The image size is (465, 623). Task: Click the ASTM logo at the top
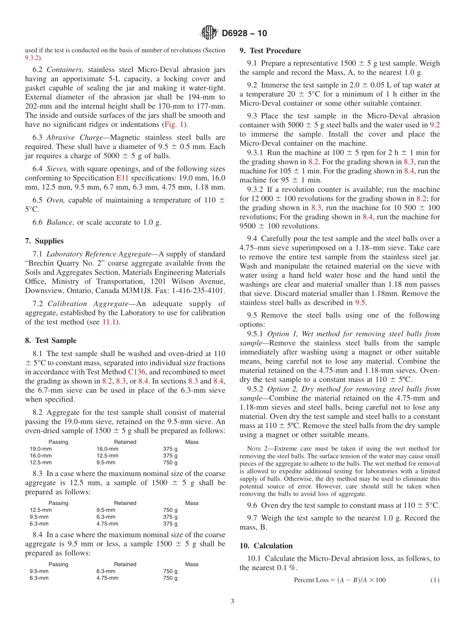209,33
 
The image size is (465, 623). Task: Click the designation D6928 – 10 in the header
244,33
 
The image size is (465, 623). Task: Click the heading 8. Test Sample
51,340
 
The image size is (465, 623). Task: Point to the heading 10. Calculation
266,546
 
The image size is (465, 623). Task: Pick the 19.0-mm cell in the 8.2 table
41,449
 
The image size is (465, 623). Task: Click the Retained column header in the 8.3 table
125,503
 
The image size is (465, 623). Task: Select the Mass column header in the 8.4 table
191,564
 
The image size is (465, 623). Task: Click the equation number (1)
435,580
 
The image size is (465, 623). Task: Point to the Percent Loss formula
339,580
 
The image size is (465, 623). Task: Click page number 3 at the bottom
232,602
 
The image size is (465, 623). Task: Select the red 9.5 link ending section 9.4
360,303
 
